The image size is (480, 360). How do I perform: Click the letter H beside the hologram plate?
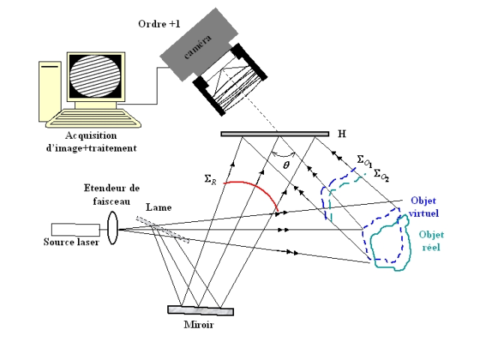342,134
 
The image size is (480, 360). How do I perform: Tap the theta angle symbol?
285,160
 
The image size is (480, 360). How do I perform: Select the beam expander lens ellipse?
112,227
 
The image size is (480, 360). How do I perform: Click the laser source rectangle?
73,229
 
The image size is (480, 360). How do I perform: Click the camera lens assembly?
232,79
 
